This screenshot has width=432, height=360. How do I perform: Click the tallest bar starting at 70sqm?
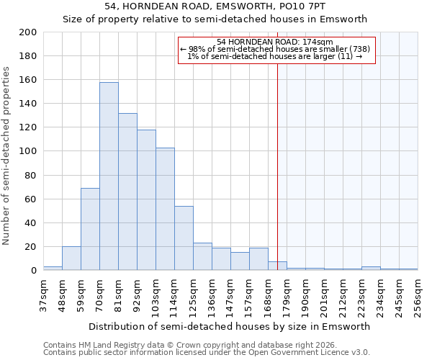[109, 176]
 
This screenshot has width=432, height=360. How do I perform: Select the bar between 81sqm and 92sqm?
[127, 192]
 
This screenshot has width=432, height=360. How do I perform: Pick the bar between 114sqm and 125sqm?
[184, 238]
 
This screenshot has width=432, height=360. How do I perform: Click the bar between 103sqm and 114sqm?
[165, 209]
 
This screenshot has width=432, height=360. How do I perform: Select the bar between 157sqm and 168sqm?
[258, 259]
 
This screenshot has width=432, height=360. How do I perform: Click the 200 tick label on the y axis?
[28, 32]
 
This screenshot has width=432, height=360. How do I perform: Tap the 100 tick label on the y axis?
[28, 151]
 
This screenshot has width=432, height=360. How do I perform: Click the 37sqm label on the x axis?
[43, 295]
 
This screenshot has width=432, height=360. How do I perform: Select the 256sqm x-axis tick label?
[418, 295]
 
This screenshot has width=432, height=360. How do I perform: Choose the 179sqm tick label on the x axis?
[287, 295]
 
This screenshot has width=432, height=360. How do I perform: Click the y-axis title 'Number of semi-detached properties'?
[7, 156]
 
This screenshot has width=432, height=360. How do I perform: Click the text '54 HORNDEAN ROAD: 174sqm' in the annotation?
[274, 42]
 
